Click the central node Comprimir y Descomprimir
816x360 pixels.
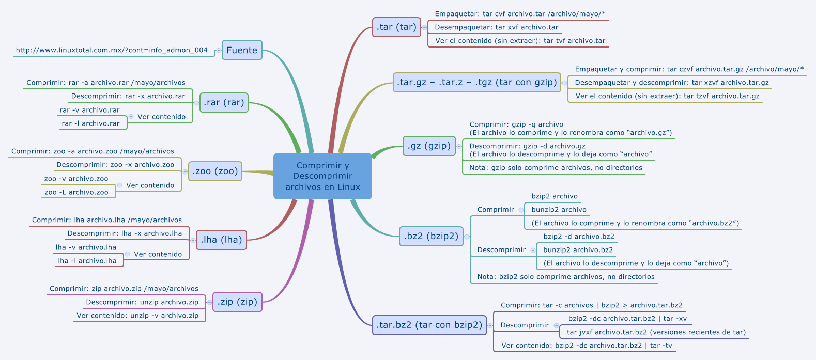[x=322, y=176]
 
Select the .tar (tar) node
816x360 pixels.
[x=396, y=27]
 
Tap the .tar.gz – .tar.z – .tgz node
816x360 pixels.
[x=476, y=82]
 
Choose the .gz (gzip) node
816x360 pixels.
[x=429, y=146]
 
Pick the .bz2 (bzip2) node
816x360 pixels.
[x=431, y=236]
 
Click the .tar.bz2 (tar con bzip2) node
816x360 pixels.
[x=429, y=325]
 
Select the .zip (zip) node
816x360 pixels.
[x=237, y=302]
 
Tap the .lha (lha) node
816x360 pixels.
[x=221, y=240]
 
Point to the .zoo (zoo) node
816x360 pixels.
[x=215, y=171]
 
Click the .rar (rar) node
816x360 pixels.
[x=224, y=102]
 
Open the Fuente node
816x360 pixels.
[x=242, y=50]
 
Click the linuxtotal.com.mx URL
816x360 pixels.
[x=112, y=50]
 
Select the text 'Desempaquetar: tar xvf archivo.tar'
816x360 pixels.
[x=496, y=27]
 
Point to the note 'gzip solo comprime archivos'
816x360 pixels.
[x=556, y=168]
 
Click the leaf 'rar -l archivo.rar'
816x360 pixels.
[x=90, y=123]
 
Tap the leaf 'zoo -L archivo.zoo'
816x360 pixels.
[x=76, y=192]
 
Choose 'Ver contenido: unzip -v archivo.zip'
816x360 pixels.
[x=137, y=316]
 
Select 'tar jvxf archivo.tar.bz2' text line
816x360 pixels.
[x=656, y=332]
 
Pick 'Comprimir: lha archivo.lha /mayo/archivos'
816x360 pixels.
[x=107, y=220]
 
